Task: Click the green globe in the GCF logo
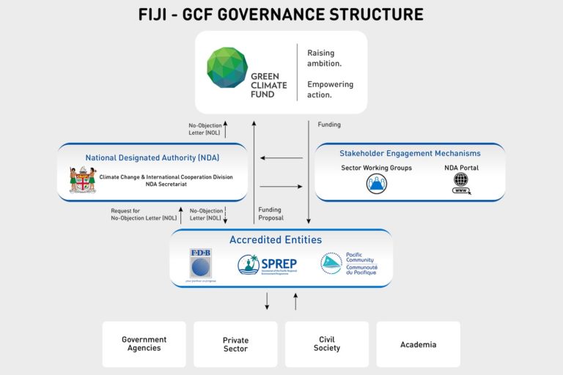click(227, 67)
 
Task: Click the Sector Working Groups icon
click(376, 184)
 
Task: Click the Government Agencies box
click(144, 344)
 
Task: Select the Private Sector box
click(235, 344)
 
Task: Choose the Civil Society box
click(327, 344)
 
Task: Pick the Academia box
click(419, 344)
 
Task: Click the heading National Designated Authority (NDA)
click(152, 157)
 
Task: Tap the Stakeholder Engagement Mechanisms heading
click(410, 153)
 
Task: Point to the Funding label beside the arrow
click(329, 125)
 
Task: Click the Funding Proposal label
click(271, 214)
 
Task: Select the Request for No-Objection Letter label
click(144, 214)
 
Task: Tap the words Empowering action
click(330, 89)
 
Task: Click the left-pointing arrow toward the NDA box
click(281, 157)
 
